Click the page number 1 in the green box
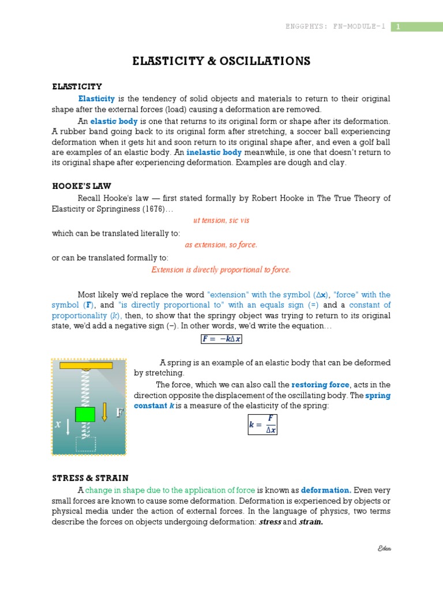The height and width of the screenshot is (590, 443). tap(397, 27)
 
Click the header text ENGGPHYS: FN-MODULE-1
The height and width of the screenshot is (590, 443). tap(336, 27)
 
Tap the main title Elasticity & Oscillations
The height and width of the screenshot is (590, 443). tap(221, 61)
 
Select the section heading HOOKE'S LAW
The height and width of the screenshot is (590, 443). tap(81, 186)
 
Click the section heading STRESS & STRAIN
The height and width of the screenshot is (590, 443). tap(90, 478)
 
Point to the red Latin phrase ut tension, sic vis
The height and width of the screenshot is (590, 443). tap(221, 220)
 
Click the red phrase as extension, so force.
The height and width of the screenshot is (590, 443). tap(221, 245)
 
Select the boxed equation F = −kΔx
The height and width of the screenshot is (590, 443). tap(221, 339)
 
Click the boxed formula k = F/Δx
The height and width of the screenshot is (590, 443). tap(262, 425)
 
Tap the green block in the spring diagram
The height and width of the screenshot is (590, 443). tap(85, 414)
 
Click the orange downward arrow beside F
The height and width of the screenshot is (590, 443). tap(104, 412)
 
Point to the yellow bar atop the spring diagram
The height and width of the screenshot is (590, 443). tap(86, 365)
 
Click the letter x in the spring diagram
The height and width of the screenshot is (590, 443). tap(58, 425)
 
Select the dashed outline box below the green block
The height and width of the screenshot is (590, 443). tap(85, 444)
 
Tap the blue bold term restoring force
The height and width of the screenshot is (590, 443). tap(320, 385)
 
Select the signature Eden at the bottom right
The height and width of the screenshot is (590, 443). tap(384, 549)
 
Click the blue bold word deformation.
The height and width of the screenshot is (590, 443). tap(325, 490)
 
